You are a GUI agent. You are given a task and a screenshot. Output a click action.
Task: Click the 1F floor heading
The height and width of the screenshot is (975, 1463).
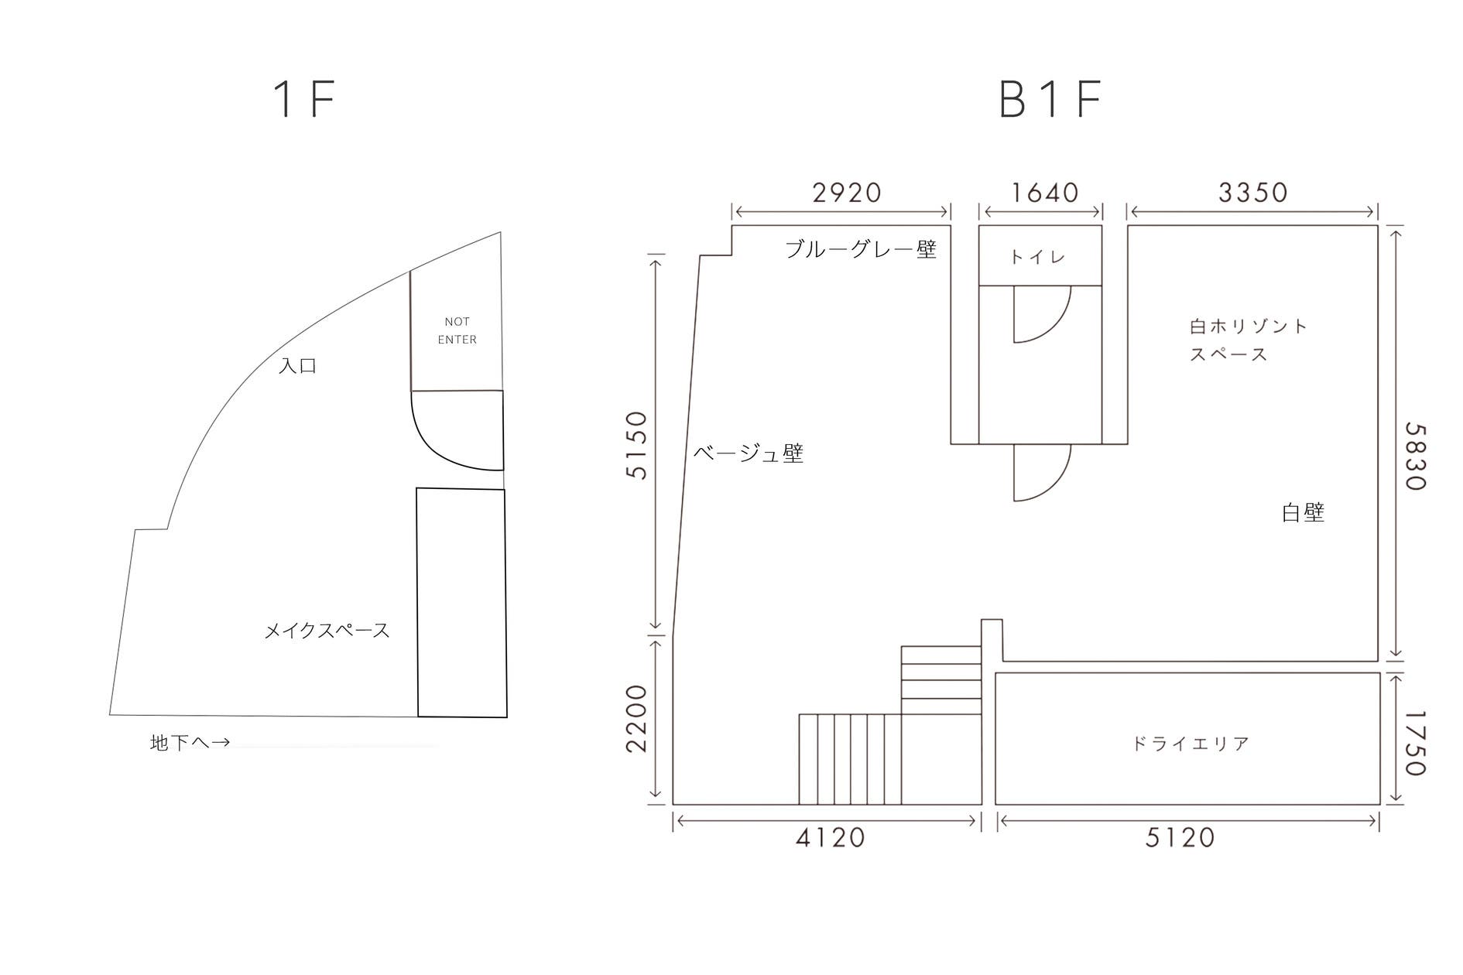[x=305, y=100]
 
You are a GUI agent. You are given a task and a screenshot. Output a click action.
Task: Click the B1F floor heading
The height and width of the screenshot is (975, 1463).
[x=1050, y=100]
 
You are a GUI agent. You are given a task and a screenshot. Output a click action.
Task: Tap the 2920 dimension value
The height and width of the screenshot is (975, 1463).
[x=847, y=193]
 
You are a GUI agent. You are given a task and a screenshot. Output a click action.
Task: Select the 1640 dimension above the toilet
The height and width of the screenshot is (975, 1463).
[x=1045, y=193]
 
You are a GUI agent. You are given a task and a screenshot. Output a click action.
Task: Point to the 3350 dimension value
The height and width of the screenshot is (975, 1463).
[x=1253, y=192]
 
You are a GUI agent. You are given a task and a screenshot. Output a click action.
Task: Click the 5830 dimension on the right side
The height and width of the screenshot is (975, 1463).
[x=1415, y=457]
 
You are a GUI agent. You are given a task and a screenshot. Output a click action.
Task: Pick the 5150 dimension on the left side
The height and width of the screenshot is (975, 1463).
[x=636, y=445]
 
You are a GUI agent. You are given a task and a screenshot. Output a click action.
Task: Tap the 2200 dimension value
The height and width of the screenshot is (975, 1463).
[x=636, y=718]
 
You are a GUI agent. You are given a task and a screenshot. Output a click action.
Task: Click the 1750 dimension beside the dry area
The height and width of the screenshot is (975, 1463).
[x=1415, y=743]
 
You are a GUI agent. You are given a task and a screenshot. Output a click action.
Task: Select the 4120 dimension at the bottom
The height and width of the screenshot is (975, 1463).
[x=831, y=837]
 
